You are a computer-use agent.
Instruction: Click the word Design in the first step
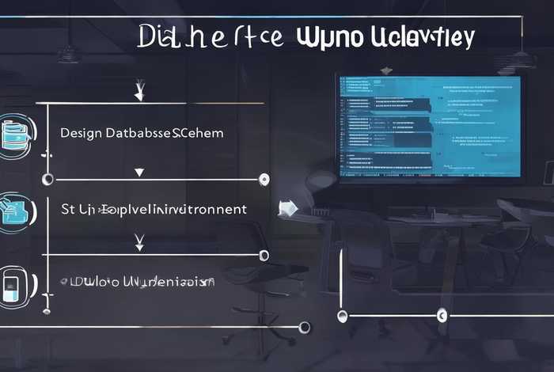click(82, 133)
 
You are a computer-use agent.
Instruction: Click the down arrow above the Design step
click(140, 93)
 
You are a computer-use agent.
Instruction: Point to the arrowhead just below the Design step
click(140, 172)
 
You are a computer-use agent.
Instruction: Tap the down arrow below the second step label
click(140, 241)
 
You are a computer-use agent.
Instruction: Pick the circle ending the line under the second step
click(265, 255)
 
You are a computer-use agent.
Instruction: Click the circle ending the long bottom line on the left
click(302, 326)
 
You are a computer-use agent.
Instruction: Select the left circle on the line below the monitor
click(343, 316)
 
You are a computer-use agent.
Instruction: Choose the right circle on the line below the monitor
click(440, 316)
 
